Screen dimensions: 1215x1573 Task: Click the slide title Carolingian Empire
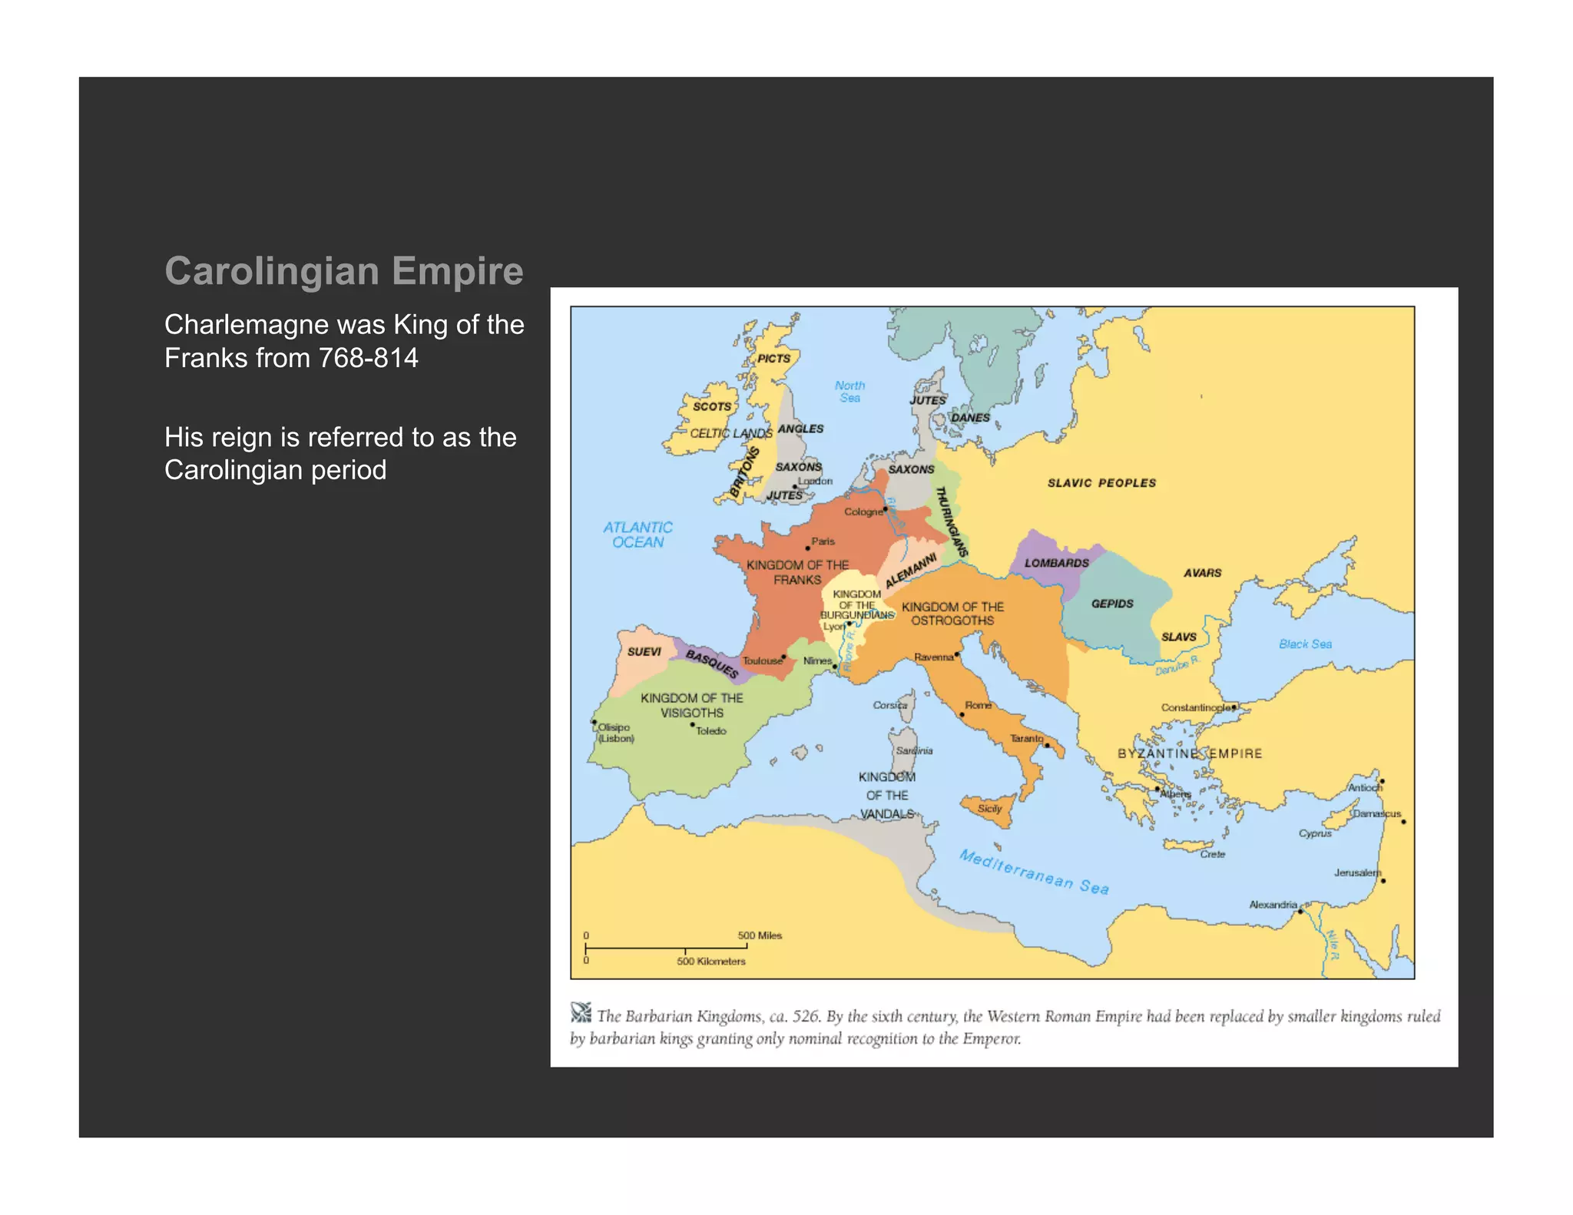343,271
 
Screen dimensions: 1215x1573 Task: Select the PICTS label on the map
773,358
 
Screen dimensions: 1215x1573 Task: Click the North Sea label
849,392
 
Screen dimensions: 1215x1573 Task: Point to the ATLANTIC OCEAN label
637,535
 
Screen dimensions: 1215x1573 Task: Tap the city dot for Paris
807,548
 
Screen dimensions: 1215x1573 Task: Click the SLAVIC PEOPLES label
1101,483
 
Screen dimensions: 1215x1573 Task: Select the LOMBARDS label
1056,563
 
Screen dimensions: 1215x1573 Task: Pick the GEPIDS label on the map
1112,604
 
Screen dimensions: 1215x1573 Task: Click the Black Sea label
1305,644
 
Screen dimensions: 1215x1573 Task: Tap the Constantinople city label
1195,707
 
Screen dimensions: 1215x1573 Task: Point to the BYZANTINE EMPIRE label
1189,753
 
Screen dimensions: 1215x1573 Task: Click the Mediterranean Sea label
1034,872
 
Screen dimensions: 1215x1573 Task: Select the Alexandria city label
1273,905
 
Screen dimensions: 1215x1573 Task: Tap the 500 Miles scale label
760,935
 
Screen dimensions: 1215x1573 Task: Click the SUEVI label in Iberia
644,652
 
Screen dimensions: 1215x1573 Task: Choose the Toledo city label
711,731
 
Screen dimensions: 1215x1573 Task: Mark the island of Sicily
989,809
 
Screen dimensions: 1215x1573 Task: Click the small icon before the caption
581,1013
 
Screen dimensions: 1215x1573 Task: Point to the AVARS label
1202,573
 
